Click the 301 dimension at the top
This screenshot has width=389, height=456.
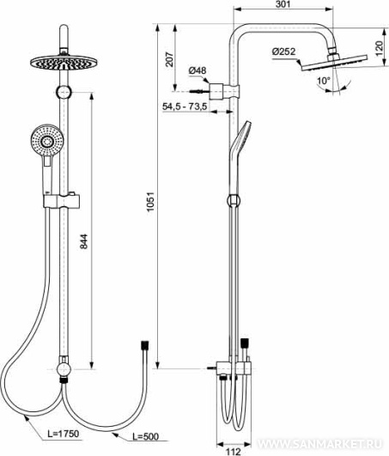(283, 4)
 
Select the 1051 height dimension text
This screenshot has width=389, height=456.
(150, 202)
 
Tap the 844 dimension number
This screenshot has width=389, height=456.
(84, 241)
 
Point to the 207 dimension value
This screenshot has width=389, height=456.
(169, 59)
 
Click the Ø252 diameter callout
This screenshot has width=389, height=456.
(283, 52)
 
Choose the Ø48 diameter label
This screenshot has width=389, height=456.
(198, 70)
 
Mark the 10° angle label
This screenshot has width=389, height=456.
(324, 81)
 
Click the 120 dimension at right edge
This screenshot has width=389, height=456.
(380, 49)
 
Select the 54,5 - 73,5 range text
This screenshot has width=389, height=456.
(185, 106)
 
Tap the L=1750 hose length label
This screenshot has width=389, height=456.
(64, 434)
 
